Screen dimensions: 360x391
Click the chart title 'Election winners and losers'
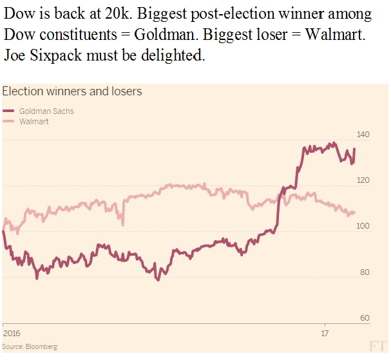72,91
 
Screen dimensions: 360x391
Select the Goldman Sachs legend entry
46,111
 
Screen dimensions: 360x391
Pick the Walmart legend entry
34,121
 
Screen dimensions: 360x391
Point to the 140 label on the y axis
363,135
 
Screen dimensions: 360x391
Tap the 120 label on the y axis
363,181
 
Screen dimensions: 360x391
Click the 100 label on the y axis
363,227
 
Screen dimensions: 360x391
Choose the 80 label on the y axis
365,272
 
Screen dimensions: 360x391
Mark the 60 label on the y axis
365,318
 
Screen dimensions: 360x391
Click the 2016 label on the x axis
12,334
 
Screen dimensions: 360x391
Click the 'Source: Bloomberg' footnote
30,347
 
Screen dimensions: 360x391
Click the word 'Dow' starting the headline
17,14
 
